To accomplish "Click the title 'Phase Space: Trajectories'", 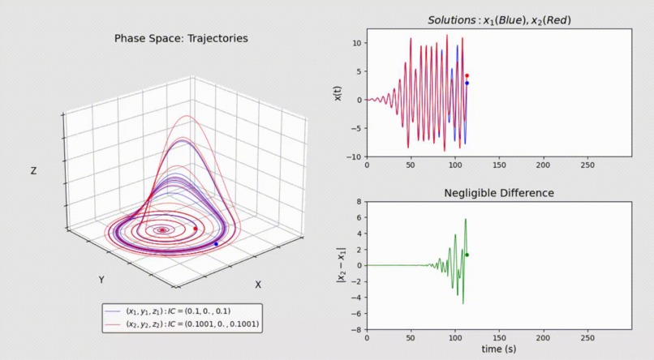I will pyautogui.click(x=181, y=38).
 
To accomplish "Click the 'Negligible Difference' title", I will pyautogui.click(x=499, y=193).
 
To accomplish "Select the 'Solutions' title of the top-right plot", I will pyautogui.click(x=499, y=19).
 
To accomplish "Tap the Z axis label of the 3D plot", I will pyautogui.click(x=32, y=171).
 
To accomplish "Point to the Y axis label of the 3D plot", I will pyautogui.click(x=101, y=280).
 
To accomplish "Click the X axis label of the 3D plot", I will pyautogui.click(x=258, y=285).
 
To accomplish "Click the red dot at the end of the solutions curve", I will pyautogui.click(x=467, y=75).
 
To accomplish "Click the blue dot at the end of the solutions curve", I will pyautogui.click(x=467, y=83).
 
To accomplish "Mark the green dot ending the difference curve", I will pyautogui.click(x=467, y=255).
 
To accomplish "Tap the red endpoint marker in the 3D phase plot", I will pyautogui.click(x=196, y=229).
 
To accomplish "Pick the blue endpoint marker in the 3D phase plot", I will pyautogui.click(x=216, y=244).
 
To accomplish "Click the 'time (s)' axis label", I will pyautogui.click(x=498, y=349).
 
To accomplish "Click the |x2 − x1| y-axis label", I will pyautogui.click(x=339, y=265).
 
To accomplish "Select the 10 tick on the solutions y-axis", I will pyautogui.click(x=356, y=43).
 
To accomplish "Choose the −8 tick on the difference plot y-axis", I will pyautogui.click(x=356, y=330).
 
